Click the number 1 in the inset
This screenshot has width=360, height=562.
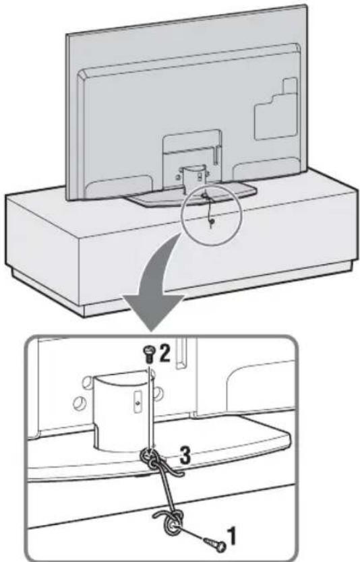(x=233, y=536)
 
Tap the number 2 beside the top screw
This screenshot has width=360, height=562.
(x=164, y=353)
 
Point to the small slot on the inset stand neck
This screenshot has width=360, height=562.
(x=137, y=398)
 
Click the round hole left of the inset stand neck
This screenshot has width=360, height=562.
(x=78, y=402)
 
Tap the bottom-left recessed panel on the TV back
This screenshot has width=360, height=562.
(x=119, y=186)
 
